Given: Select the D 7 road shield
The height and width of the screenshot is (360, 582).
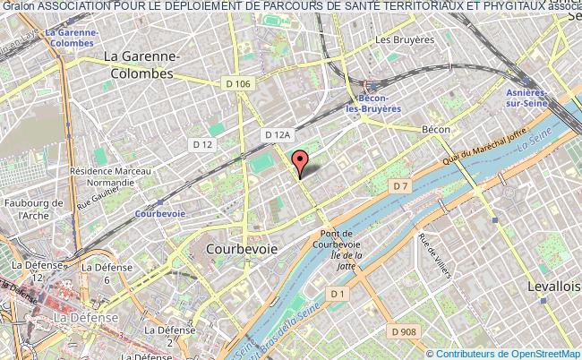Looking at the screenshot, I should pyautogui.click(x=400, y=185).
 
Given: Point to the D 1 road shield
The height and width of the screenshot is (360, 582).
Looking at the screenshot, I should pyautogui.click(x=337, y=293).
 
